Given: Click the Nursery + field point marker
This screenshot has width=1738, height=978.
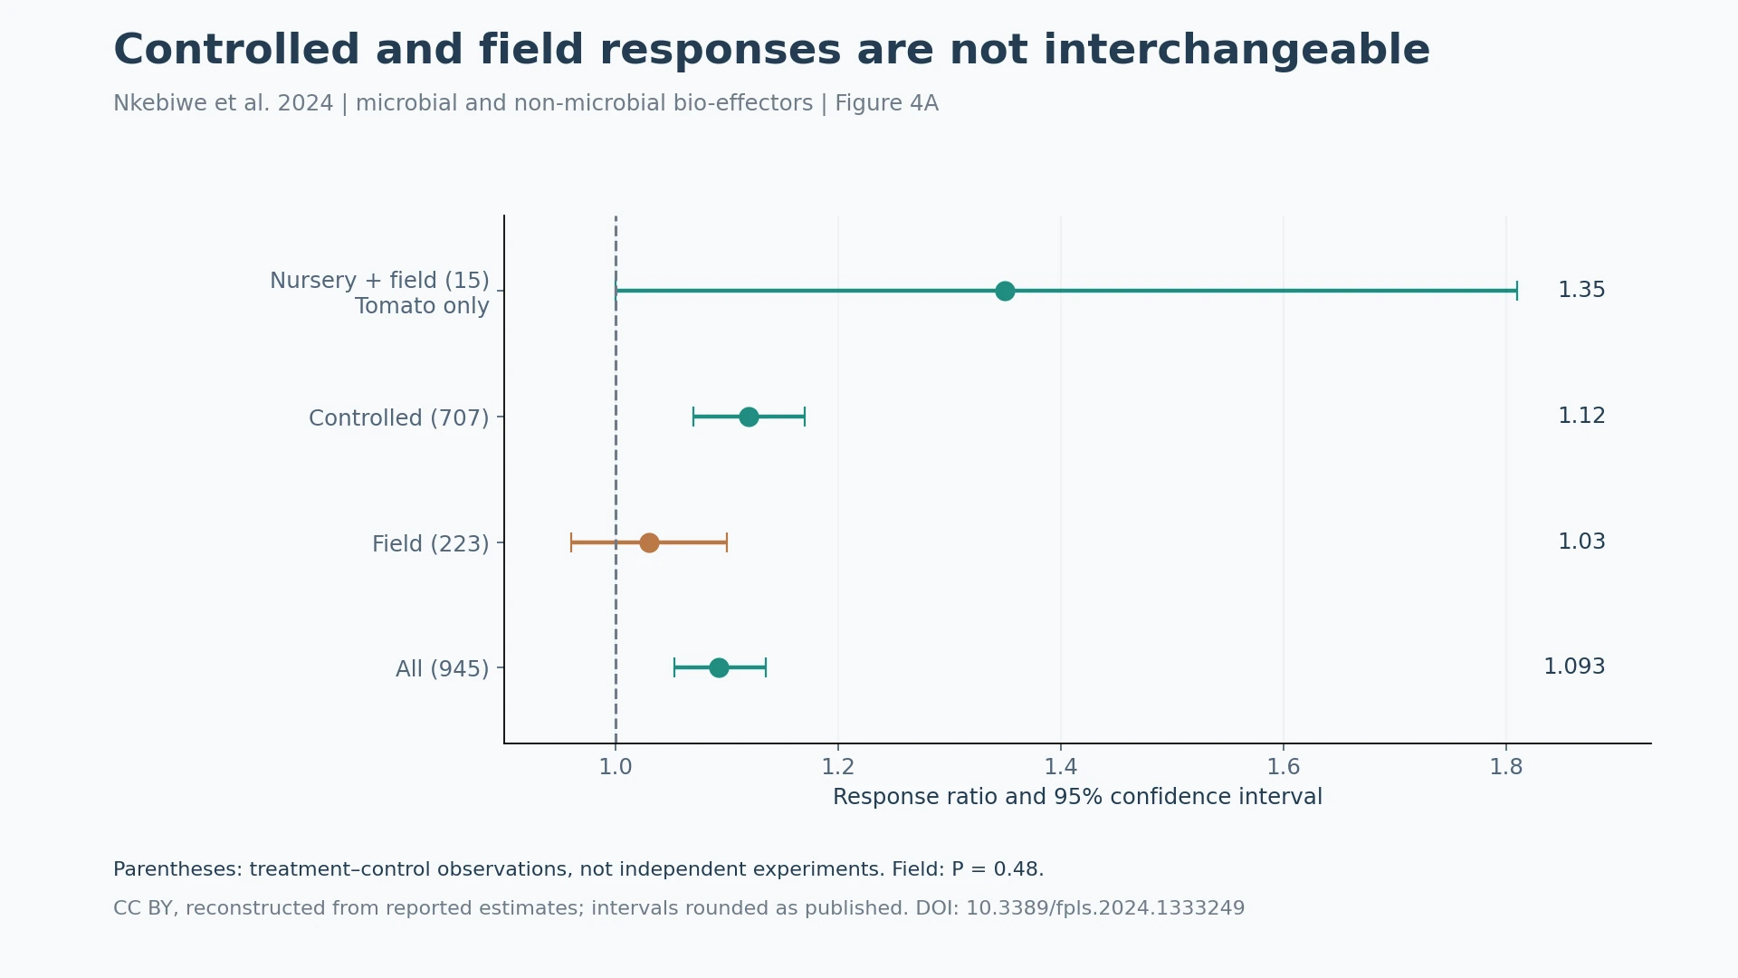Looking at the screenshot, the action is pyautogui.click(x=1005, y=291).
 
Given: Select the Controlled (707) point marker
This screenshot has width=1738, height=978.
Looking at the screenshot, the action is pyautogui.click(x=749, y=417).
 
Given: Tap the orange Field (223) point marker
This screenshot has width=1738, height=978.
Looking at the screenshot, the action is pyautogui.click(x=649, y=542).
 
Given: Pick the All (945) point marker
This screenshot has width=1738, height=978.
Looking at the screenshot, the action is pyautogui.click(x=719, y=667).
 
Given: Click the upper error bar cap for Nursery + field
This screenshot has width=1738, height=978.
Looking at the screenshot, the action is pyautogui.click(x=1517, y=291).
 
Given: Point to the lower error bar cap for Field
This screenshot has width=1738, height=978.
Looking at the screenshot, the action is pyautogui.click(x=571, y=542).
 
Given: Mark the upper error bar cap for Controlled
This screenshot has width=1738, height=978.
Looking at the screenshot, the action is pyautogui.click(x=805, y=417).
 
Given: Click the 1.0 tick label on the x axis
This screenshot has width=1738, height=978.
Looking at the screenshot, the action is pyautogui.click(x=616, y=767).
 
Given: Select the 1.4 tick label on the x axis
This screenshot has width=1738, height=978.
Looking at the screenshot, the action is pyautogui.click(x=1061, y=767).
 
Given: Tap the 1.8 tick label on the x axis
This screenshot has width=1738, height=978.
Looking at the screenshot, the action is pyautogui.click(x=1506, y=767).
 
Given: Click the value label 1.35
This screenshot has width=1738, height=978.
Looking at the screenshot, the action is pyautogui.click(x=1581, y=290).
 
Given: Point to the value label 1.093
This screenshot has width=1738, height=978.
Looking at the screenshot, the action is pyautogui.click(x=1574, y=666).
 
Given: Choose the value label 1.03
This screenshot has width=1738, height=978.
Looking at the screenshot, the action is pyautogui.click(x=1581, y=542).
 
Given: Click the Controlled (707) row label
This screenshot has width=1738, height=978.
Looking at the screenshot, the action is pyautogui.click(x=398, y=418).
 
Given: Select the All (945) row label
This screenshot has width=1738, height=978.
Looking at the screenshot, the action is pyautogui.click(x=442, y=669).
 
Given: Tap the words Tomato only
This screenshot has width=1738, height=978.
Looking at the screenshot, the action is pyautogui.click(x=422, y=306).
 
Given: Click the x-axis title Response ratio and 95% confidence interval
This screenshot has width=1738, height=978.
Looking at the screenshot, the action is pyautogui.click(x=1077, y=797).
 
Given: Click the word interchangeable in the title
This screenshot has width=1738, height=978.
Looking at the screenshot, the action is pyautogui.click(x=1235, y=50).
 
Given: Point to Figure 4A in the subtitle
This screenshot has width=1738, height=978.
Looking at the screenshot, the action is pyautogui.click(x=886, y=103).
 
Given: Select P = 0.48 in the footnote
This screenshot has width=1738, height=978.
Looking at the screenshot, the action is pyautogui.click(x=997, y=869).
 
